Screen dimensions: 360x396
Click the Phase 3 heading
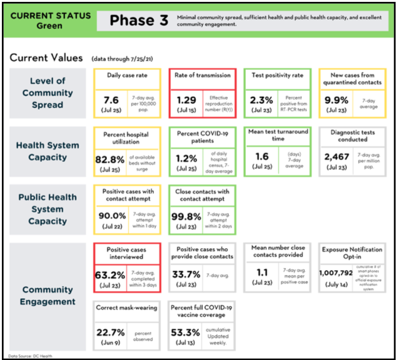tap(139, 21)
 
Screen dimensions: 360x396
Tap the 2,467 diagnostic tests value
tap(337, 156)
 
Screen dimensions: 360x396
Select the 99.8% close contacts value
tap(185, 216)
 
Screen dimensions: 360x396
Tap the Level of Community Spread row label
tap(48, 92)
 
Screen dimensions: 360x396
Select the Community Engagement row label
tap(48, 296)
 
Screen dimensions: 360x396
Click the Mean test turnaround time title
tap(277, 135)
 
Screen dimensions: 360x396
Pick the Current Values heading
tap(46, 58)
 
